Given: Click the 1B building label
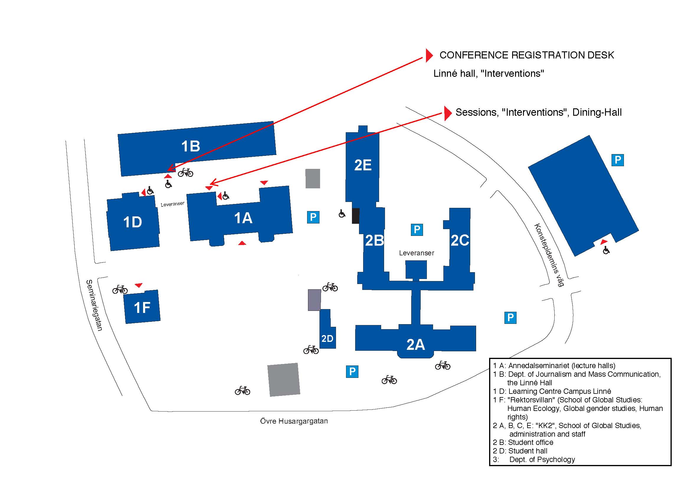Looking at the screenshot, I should point(191,146).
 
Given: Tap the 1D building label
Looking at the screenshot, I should point(132,222).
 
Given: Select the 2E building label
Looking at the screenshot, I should point(363,165).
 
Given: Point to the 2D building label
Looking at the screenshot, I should point(327,339).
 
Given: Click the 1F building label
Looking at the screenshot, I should point(142,308).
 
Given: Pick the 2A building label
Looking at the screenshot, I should point(416,345).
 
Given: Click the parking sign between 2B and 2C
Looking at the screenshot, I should point(417,230).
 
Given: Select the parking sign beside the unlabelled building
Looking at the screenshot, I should point(617,160).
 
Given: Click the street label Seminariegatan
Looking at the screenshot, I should point(94,305).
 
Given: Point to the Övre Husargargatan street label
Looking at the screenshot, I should point(294,421).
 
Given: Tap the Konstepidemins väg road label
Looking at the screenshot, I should point(549,255).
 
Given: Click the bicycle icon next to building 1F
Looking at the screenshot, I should point(120,289).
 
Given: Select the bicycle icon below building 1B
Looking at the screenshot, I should point(186,173).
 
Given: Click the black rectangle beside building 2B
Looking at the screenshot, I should point(355,216).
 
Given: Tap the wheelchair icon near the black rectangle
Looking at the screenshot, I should point(342,213).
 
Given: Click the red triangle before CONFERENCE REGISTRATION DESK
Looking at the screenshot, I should point(429,55).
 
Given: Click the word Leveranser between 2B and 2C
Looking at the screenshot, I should point(417,253).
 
